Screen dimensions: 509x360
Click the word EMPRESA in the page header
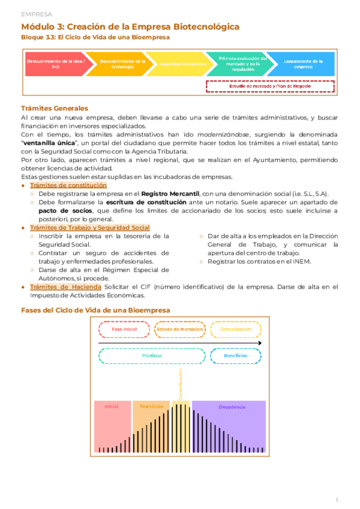click(x=36, y=13)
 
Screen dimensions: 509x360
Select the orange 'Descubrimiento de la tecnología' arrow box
click(x=122, y=64)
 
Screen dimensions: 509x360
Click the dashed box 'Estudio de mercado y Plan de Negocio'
click(x=269, y=86)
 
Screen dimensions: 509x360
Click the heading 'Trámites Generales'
click(x=55, y=108)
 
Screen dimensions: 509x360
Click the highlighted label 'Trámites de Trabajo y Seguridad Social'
click(x=90, y=227)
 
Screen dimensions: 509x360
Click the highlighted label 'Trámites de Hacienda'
click(x=65, y=287)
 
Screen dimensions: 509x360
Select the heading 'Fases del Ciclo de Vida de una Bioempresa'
click(x=95, y=310)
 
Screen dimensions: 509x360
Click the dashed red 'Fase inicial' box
click(x=124, y=330)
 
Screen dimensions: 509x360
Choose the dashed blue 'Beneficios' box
click(x=236, y=355)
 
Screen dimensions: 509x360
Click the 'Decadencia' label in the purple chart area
click(x=232, y=407)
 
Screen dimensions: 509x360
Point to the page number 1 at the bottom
click(x=337, y=499)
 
